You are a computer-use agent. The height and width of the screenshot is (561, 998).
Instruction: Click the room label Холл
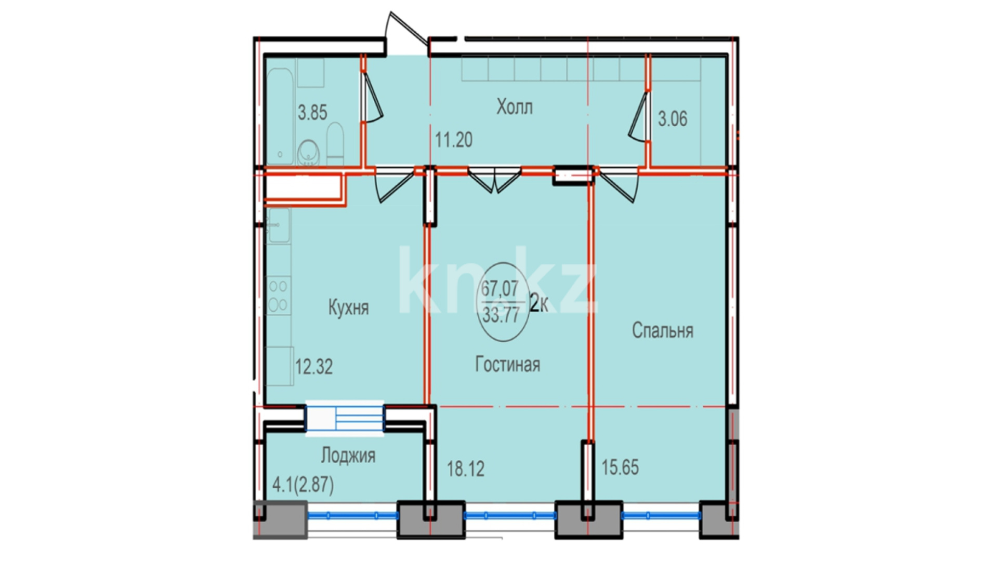(514, 108)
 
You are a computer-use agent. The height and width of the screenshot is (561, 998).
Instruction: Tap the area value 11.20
(454, 140)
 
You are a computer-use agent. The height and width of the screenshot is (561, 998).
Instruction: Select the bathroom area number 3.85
(312, 112)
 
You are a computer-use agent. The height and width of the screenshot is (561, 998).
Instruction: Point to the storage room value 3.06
(673, 119)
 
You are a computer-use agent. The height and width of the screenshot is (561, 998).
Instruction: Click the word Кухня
(348, 308)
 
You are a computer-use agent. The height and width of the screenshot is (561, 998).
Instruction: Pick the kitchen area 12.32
(314, 367)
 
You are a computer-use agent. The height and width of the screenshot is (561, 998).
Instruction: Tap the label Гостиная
(507, 364)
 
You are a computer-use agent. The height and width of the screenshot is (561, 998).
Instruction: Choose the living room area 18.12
(466, 469)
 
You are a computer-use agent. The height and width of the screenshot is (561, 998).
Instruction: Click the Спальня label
(663, 330)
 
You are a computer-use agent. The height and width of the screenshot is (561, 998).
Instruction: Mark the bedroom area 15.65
(620, 468)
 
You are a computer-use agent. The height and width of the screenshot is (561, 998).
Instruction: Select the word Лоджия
(348, 456)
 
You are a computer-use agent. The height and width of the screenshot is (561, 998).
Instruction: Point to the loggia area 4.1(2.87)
(303, 485)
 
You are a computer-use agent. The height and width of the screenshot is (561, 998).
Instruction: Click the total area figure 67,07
(500, 288)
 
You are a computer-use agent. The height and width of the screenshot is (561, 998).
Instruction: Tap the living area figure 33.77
(501, 315)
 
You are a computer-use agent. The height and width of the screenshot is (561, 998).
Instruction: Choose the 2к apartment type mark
(539, 303)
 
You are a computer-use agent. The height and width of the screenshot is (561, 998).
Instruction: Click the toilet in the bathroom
(335, 143)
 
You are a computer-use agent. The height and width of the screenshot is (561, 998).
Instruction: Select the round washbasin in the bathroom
(308, 153)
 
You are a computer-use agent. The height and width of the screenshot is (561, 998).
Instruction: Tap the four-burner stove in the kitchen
(278, 296)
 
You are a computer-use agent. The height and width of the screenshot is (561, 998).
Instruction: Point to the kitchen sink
(278, 225)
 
